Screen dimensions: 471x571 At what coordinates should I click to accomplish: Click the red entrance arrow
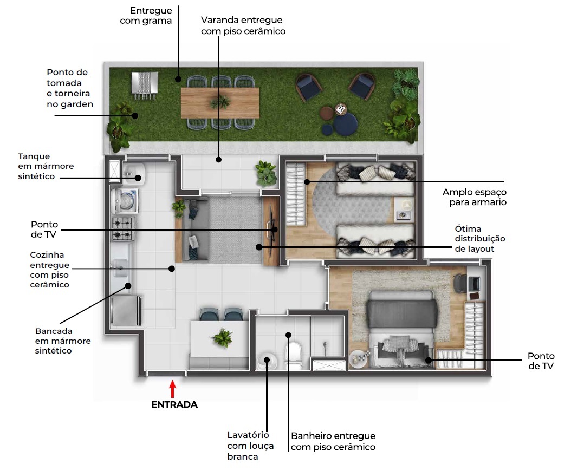(x=172, y=390)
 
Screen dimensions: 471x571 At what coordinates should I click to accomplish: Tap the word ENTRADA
(x=174, y=404)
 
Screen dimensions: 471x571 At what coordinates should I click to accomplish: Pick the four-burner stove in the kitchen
(x=124, y=228)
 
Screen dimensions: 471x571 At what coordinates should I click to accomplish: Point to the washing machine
(x=124, y=201)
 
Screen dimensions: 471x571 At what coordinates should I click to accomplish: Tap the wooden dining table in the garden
(x=220, y=102)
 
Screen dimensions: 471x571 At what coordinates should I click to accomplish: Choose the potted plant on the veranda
(x=265, y=173)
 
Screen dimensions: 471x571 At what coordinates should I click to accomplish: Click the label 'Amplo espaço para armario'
(x=474, y=197)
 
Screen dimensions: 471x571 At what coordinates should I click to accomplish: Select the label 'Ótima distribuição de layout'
(x=479, y=239)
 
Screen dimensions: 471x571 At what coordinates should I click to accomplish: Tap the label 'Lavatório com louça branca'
(x=250, y=446)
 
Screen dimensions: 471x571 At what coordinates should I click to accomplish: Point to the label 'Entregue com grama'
(x=151, y=16)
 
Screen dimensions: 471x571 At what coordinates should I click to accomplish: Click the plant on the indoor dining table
(x=222, y=338)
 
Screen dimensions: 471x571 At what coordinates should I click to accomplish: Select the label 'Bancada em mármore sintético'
(x=63, y=341)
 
